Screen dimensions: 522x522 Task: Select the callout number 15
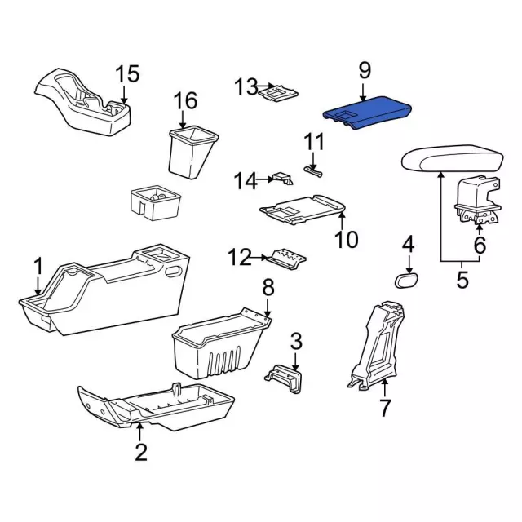point(127,74)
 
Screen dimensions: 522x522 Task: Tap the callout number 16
point(186,100)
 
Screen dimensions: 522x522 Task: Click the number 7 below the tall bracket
point(384,407)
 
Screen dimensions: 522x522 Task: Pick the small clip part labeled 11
point(313,171)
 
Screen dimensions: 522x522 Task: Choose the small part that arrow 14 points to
point(282,178)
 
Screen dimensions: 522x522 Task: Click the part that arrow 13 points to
point(278,92)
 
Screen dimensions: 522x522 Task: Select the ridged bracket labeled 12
point(286,259)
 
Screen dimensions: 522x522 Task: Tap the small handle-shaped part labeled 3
point(284,378)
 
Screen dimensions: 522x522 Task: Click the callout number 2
point(141,451)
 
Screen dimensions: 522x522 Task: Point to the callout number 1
point(39,267)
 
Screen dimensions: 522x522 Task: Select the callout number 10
point(346,239)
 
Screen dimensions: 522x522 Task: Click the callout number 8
point(268,287)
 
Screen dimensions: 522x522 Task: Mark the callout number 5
point(462,279)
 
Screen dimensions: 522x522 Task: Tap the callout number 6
point(480,245)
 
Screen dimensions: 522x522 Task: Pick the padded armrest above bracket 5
point(453,158)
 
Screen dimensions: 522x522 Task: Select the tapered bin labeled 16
point(193,152)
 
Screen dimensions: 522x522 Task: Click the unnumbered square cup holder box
point(156,202)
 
